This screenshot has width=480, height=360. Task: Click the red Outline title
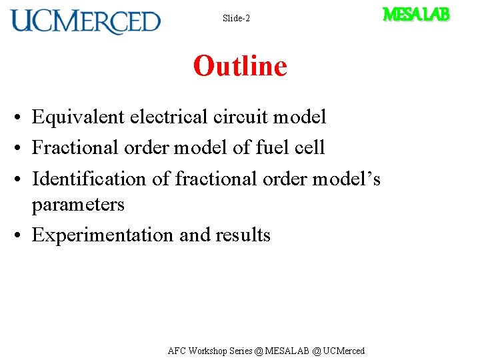pyautogui.click(x=240, y=66)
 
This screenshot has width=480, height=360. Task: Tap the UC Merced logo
pyautogui.click(x=85, y=21)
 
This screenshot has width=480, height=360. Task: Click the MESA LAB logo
pyautogui.click(x=416, y=14)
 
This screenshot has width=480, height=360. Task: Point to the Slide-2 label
pyautogui.click(x=236, y=19)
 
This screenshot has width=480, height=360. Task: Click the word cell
pyautogui.click(x=310, y=147)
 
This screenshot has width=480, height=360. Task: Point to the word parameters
pyautogui.click(x=78, y=204)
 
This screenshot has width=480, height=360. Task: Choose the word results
pyautogui.click(x=243, y=235)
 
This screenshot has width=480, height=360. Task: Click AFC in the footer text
pyautogui.click(x=177, y=351)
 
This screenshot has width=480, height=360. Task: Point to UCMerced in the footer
pyautogui.click(x=344, y=351)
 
